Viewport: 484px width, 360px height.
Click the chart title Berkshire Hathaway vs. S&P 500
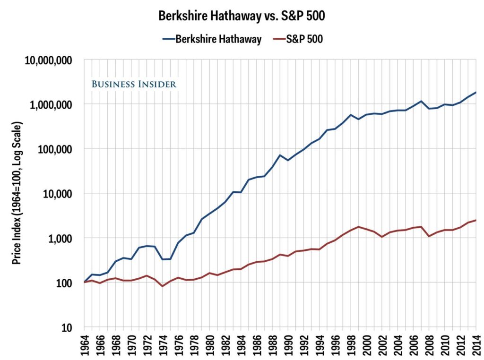[x=242, y=16]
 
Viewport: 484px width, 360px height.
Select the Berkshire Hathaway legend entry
[x=218, y=39]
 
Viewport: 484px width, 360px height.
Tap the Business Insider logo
[x=134, y=84]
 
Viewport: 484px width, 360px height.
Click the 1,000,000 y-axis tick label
[x=51, y=104]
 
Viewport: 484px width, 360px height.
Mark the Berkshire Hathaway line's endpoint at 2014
[x=475, y=93]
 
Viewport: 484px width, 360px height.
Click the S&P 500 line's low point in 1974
[x=163, y=286]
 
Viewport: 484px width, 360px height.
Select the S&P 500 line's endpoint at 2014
[x=475, y=220]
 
